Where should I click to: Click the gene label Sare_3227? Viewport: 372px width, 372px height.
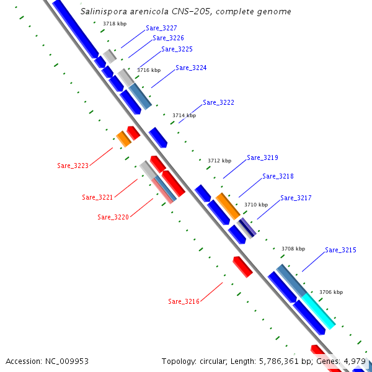click(161, 29)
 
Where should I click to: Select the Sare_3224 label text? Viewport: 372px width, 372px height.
click(191, 68)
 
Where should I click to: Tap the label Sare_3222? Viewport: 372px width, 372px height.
click(218, 102)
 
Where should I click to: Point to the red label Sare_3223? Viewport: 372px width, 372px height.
click(73, 166)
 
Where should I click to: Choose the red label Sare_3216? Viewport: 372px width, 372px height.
click(184, 301)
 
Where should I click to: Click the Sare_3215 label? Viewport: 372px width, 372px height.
click(340, 250)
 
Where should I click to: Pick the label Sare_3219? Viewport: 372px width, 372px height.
click(262, 158)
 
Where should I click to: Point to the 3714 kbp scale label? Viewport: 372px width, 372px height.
click(184, 115)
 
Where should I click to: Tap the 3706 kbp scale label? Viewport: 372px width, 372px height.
click(330, 292)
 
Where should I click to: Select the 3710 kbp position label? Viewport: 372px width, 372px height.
click(256, 205)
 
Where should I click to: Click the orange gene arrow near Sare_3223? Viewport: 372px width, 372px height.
click(124, 139)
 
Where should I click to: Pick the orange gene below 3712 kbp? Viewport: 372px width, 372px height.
click(228, 205)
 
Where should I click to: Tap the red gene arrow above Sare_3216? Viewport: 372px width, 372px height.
click(242, 267)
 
